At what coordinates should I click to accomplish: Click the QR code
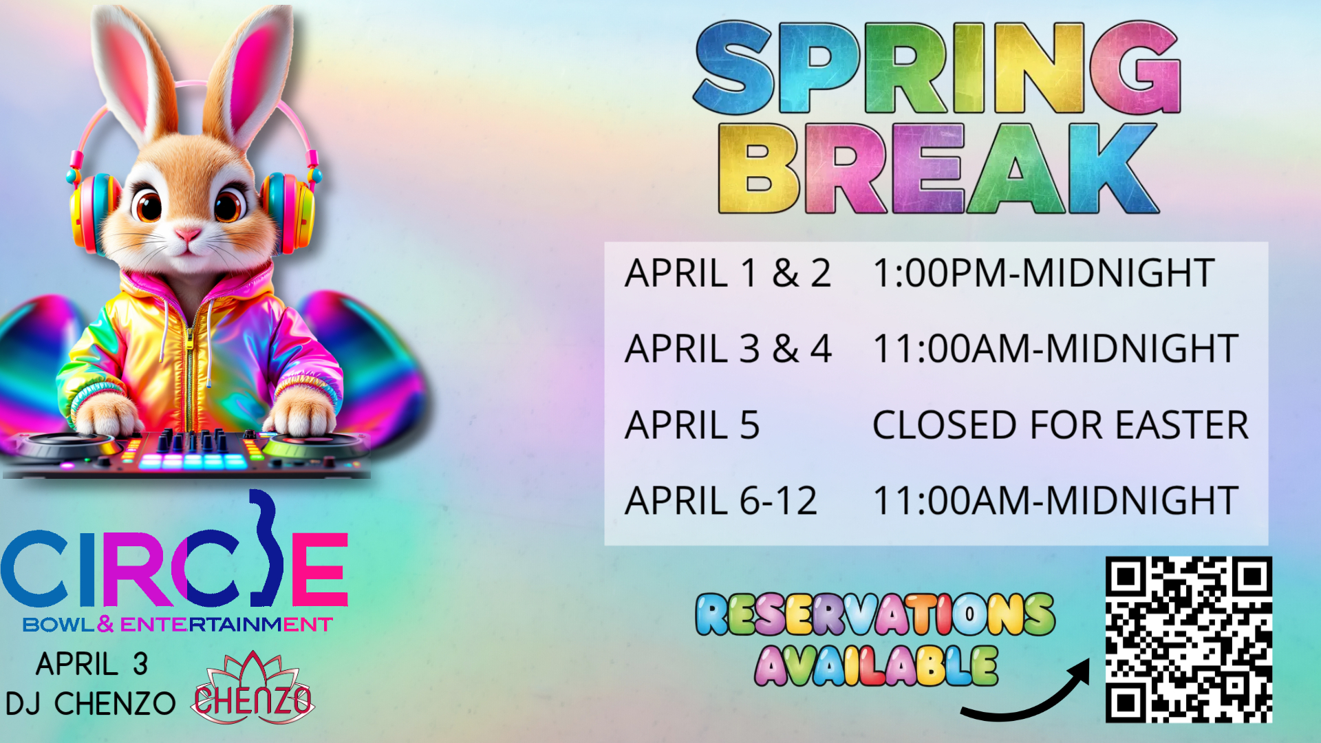1188,639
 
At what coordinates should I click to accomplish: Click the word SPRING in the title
937,67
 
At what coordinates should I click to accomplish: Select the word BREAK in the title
938,169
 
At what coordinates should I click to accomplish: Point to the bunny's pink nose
187,235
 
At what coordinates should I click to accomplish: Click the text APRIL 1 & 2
728,273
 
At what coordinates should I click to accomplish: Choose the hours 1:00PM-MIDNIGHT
1043,273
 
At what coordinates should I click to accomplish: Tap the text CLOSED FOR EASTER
1060,424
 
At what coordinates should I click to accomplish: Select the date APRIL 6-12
721,500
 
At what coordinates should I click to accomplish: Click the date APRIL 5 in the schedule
692,424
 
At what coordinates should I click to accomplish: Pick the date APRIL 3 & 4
728,349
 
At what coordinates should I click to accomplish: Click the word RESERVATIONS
874,614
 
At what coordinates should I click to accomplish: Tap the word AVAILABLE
876,665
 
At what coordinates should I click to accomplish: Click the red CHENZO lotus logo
253,689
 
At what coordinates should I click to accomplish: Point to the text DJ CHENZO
90,704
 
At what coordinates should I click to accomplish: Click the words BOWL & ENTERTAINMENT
178,625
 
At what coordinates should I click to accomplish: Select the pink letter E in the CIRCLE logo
320,568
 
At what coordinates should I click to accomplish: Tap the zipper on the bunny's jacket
189,365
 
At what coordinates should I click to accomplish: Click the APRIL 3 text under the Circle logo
92,665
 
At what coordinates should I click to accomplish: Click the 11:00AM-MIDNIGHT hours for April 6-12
1055,500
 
